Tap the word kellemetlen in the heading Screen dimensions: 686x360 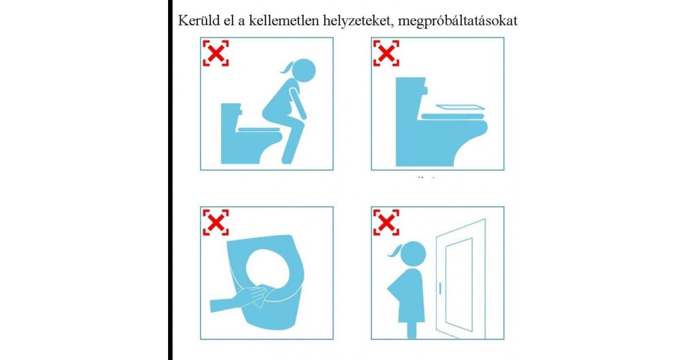click(284, 21)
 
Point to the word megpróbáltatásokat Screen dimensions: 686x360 click(457, 21)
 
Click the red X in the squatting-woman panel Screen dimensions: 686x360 click(216, 53)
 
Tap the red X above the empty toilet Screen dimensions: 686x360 click(386, 53)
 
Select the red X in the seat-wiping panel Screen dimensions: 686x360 click(216, 222)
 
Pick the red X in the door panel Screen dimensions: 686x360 click(386, 222)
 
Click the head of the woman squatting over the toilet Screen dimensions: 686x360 click(303, 70)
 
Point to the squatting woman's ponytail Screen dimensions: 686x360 click(286, 67)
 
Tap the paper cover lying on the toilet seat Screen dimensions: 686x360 click(460, 107)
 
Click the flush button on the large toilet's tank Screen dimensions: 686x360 click(425, 91)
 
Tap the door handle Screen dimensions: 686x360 click(440, 289)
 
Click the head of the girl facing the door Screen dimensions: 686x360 click(413, 254)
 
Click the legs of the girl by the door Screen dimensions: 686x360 click(412, 330)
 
